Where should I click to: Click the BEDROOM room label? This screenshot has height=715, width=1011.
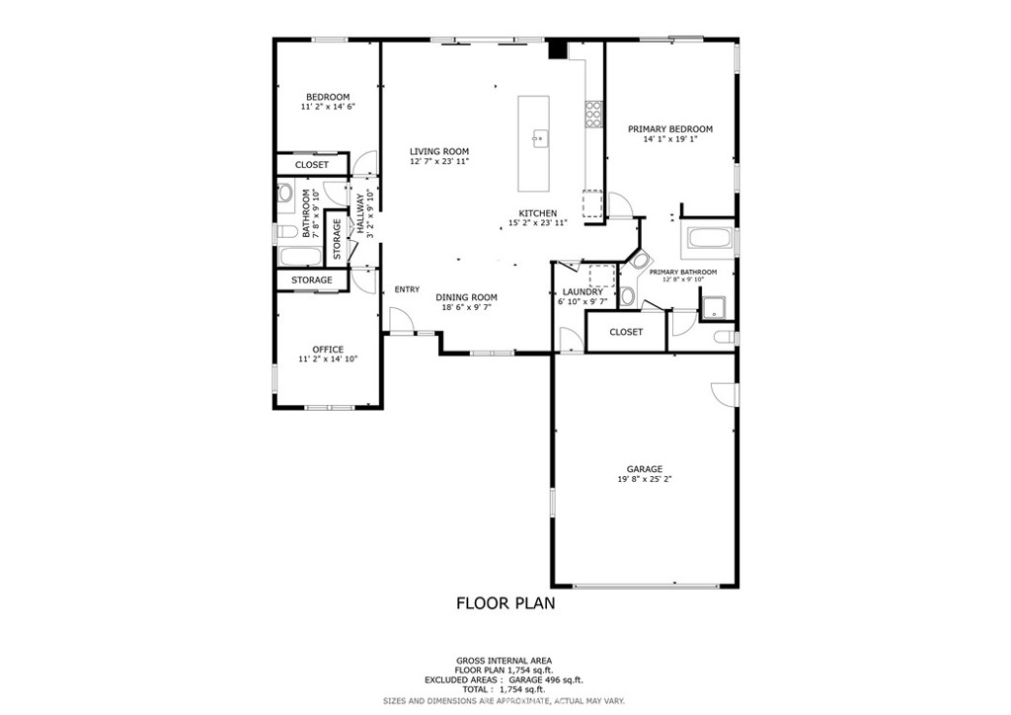pyautogui.click(x=328, y=98)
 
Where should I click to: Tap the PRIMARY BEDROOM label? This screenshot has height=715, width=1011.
pyautogui.click(x=670, y=129)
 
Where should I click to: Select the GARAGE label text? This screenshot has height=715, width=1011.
pyautogui.click(x=644, y=469)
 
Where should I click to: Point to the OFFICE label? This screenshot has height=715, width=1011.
pyautogui.click(x=328, y=350)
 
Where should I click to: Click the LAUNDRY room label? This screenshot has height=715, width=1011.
pyautogui.click(x=583, y=292)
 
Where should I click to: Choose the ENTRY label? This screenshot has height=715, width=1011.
pyautogui.click(x=407, y=289)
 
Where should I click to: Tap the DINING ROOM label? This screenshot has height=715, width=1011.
pyautogui.click(x=466, y=297)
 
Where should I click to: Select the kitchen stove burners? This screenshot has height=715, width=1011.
pyautogui.click(x=593, y=115)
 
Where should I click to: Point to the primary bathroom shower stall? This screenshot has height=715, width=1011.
pyautogui.click(x=714, y=307)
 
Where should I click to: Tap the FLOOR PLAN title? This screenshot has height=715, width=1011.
pyautogui.click(x=505, y=603)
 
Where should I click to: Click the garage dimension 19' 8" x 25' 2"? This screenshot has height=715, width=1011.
pyautogui.click(x=644, y=479)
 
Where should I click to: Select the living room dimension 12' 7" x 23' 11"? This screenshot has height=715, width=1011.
pyautogui.click(x=439, y=161)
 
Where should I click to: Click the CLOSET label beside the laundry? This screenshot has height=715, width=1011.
pyautogui.click(x=626, y=332)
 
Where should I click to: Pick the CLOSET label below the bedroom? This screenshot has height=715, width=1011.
pyautogui.click(x=311, y=165)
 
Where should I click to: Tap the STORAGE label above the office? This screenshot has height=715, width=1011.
pyautogui.click(x=311, y=280)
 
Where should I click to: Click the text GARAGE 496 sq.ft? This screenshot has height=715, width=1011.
pyautogui.click(x=546, y=679)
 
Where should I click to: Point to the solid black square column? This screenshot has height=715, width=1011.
pyautogui.click(x=557, y=50)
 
